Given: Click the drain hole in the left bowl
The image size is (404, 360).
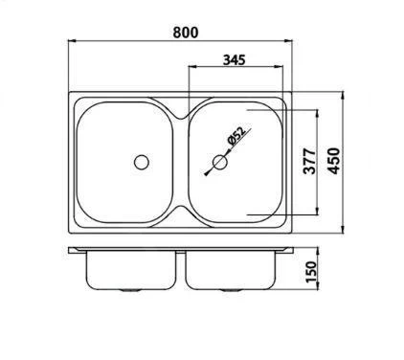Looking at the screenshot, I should click(143, 161).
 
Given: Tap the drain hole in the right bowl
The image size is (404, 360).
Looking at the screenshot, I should click(220, 163).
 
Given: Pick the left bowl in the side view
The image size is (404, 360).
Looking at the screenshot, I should click(130, 271).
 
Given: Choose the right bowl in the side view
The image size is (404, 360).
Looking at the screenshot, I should click(229, 271).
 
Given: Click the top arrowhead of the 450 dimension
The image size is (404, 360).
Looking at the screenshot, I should click(344, 95).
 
